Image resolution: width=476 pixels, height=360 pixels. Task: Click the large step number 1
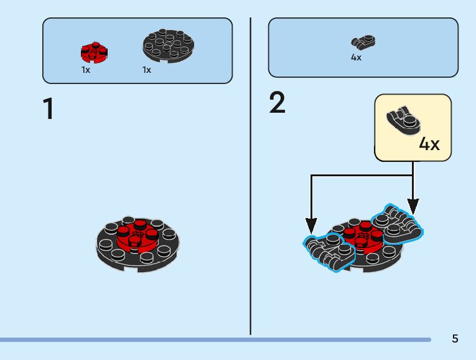[48, 109]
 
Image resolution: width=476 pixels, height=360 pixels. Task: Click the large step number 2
[278, 103]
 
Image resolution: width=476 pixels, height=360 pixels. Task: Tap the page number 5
[455, 339]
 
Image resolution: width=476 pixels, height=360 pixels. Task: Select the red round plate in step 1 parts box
[94, 53]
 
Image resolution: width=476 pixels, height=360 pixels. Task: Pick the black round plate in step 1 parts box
[168, 45]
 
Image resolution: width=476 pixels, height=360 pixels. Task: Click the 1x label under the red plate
[86, 70]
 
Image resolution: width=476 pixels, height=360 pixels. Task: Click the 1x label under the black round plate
[147, 70]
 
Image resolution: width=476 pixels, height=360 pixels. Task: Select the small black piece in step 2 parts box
[363, 43]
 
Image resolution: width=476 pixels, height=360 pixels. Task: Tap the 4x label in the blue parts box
[356, 57]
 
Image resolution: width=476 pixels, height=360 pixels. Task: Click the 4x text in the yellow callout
[429, 144]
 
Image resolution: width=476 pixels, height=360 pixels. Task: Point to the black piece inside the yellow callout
[403, 120]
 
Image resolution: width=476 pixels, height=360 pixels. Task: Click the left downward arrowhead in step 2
[312, 225]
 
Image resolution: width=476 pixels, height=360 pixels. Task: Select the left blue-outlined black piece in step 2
[328, 250]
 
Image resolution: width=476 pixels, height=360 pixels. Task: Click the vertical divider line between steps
[250, 174]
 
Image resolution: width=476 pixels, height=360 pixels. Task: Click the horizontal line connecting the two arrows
[361, 176]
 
